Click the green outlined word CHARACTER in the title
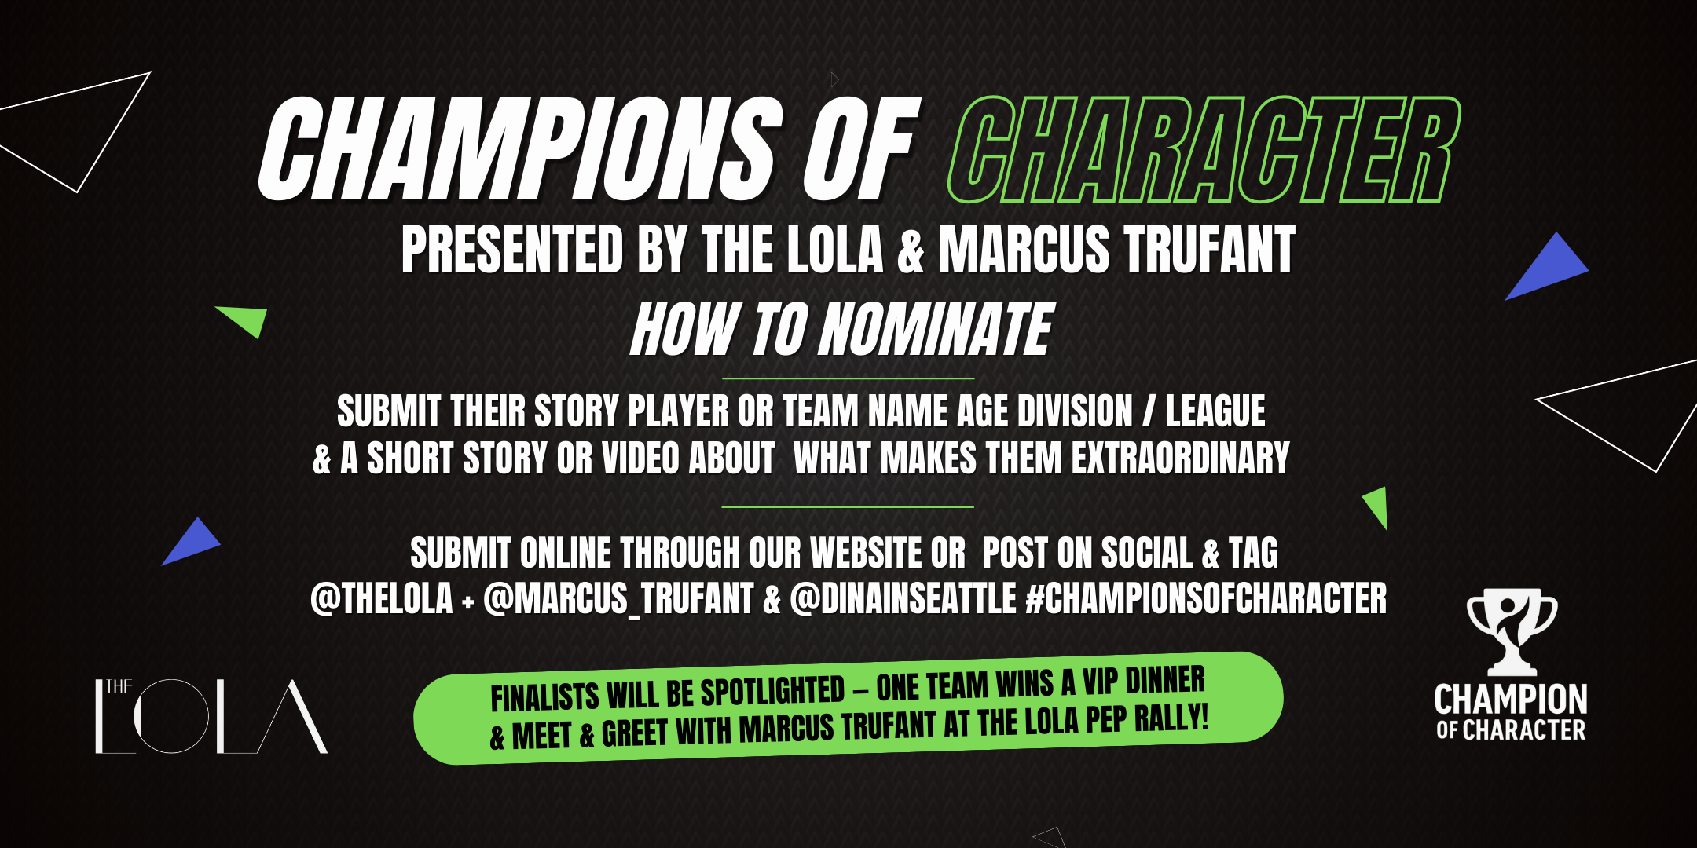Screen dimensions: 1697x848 pyautogui.click(x=1204, y=150)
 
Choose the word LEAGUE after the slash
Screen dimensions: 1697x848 pyautogui.click(x=1215, y=411)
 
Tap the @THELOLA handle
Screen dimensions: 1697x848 pyautogui.click(x=382, y=599)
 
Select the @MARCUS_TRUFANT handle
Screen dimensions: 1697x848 pyautogui.click(x=618, y=599)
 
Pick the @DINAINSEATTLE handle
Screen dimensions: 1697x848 pyautogui.click(x=903, y=599)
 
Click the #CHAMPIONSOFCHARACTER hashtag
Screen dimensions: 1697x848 pyautogui.click(x=1207, y=599)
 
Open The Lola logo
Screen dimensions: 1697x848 pyautogui.click(x=211, y=716)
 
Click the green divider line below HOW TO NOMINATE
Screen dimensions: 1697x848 pyautogui.click(x=848, y=378)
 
